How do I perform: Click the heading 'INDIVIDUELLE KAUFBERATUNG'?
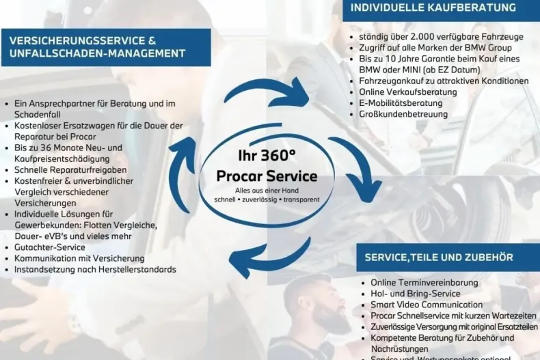coord(433,8)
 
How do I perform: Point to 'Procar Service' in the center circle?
coord(267,176)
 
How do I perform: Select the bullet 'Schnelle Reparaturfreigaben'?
coord(70,170)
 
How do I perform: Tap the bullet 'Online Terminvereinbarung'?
coord(424,282)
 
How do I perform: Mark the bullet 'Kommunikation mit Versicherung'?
coord(79,258)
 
